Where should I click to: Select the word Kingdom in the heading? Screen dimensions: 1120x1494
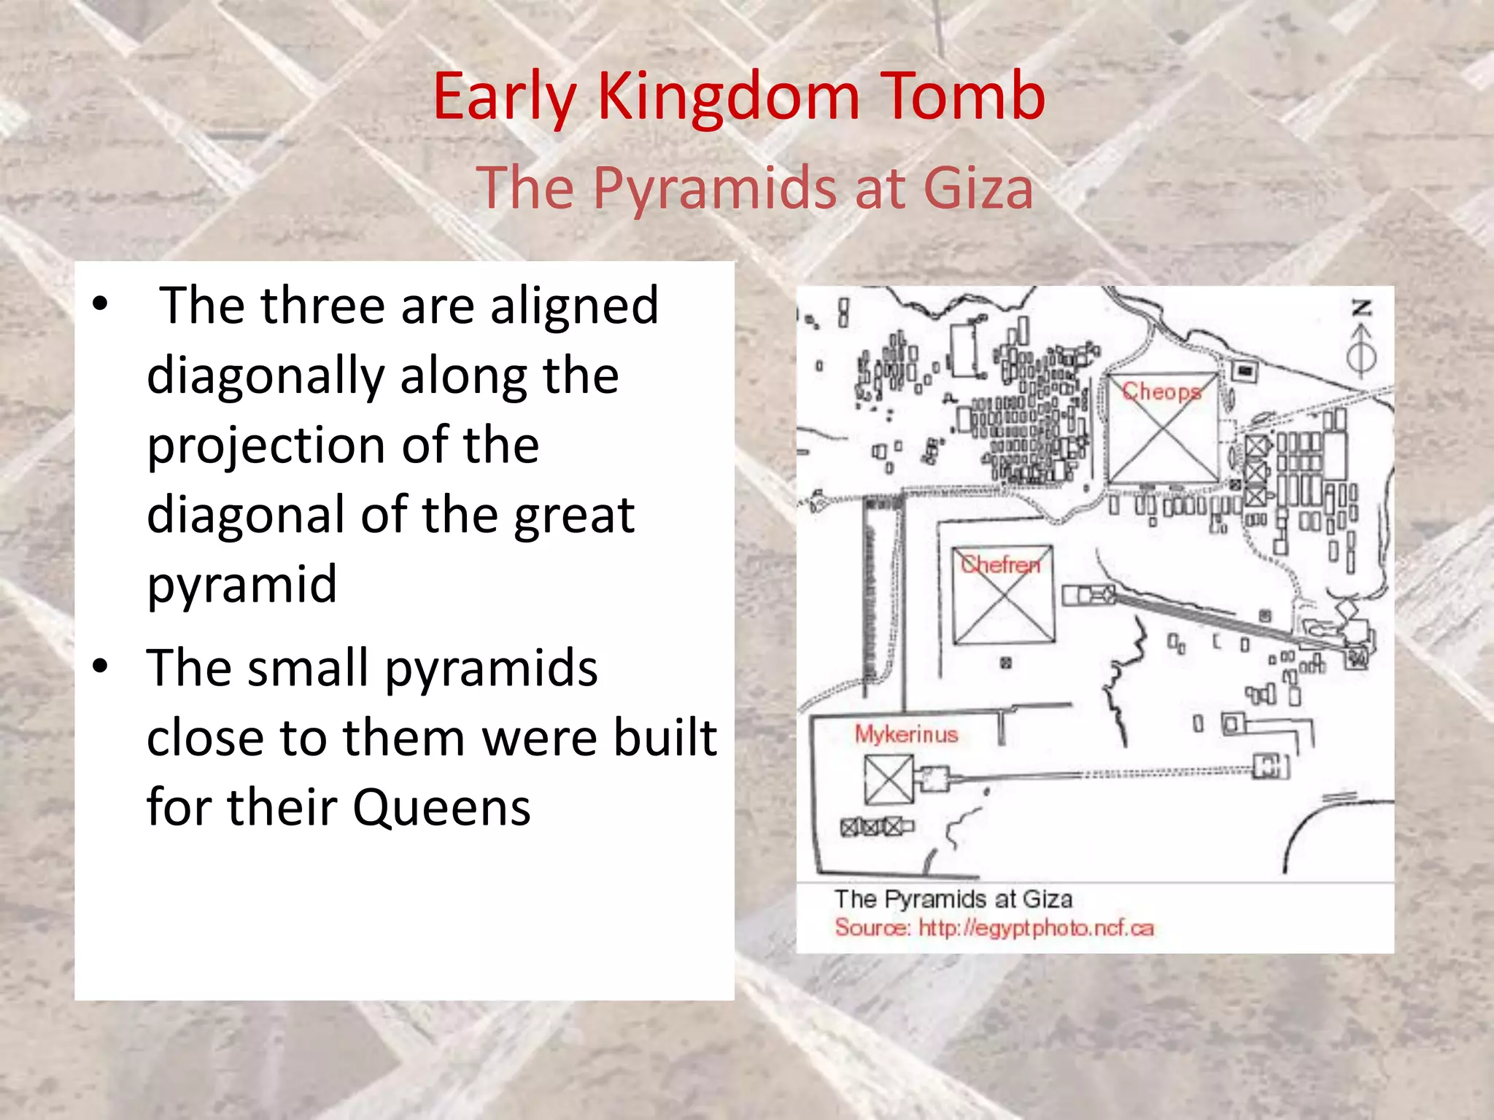(728, 96)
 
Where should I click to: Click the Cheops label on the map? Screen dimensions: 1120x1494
(1161, 392)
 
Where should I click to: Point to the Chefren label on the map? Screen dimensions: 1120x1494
(1000, 564)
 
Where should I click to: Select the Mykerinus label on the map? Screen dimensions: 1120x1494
(906, 734)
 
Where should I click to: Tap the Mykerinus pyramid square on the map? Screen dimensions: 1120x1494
(889, 779)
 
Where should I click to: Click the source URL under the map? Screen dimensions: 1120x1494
(1036, 928)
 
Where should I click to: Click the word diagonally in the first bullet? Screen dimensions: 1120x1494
(266, 376)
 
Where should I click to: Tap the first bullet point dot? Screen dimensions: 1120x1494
(101, 304)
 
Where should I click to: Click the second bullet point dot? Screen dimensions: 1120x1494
(101, 666)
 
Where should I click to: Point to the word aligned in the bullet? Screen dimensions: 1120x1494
(574, 306)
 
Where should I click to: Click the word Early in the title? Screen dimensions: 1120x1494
(504, 98)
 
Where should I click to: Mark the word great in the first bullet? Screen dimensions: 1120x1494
(573, 515)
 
